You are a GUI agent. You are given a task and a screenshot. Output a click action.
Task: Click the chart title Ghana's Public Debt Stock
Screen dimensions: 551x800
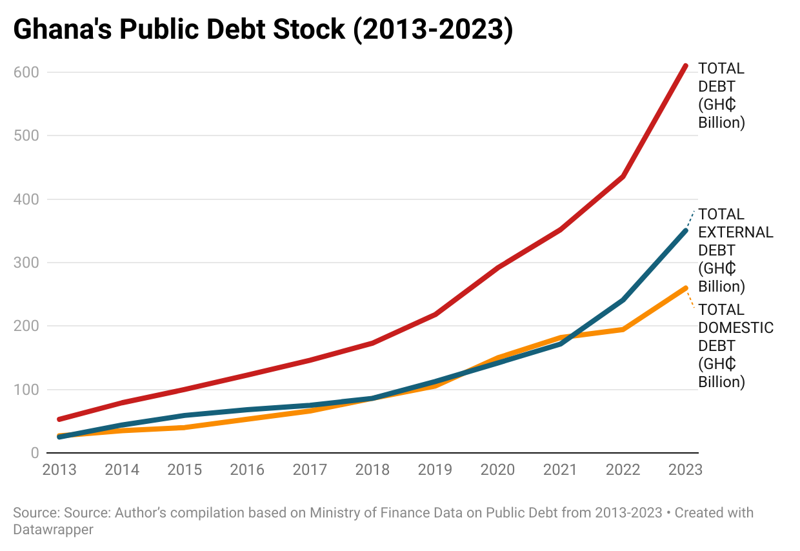coord(263,30)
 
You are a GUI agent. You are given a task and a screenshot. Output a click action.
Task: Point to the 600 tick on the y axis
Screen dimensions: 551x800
coord(26,72)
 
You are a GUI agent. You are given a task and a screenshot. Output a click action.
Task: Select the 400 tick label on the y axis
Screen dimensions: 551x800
coord(26,199)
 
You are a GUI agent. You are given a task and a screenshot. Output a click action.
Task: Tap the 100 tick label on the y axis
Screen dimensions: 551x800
coord(26,390)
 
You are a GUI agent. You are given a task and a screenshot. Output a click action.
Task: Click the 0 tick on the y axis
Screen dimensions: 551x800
coord(34,453)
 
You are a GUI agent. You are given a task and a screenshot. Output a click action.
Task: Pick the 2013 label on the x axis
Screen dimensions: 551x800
coord(59,470)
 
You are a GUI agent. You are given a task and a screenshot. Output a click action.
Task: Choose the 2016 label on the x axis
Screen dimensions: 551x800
coord(247,470)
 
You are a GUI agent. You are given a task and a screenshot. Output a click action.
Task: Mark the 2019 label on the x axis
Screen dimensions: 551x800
coord(435,470)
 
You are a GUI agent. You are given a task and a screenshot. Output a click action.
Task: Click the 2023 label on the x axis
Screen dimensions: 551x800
coord(685,470)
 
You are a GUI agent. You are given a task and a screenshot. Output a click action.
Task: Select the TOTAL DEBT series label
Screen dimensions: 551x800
coord(721,95)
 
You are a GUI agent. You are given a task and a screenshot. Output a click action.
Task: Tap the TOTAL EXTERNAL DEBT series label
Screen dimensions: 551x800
coord(735,250)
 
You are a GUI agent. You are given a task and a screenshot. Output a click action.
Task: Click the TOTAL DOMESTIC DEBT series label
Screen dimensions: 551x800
coord(735,346)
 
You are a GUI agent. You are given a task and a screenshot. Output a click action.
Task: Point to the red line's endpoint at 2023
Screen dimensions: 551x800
coord(685,66)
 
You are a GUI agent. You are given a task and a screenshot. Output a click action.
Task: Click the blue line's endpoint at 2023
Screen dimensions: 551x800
coord(685,230)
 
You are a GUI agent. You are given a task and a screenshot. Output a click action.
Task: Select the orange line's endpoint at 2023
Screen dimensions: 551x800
coord(685,288)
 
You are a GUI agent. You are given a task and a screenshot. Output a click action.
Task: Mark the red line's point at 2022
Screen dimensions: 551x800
coord(623,176)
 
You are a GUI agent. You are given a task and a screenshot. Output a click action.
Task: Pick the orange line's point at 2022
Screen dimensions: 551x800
coord(623,330)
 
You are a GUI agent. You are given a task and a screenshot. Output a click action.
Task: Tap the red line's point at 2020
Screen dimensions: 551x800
coord(497,267)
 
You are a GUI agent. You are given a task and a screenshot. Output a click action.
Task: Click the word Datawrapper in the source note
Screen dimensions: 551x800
coord(53,530)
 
